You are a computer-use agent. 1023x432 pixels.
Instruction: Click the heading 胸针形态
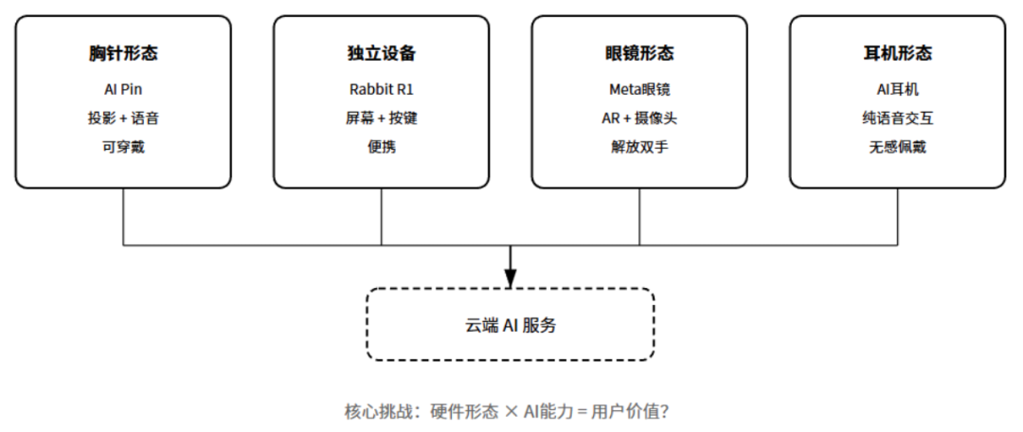(x=123, y=54)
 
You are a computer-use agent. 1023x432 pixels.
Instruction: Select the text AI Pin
(x=123, y=90)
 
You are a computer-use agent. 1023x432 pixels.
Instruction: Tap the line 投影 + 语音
(x=123, y=118)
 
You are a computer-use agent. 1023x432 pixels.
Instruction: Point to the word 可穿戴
(x=123, y=147)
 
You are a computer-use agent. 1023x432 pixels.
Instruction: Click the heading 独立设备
(x=381, y=54)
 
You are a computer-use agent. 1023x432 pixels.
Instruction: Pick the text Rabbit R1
(x=381, y=90)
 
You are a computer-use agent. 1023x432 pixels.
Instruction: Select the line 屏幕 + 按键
(x=381, y=118)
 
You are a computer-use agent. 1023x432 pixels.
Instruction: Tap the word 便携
(x=381, y=147)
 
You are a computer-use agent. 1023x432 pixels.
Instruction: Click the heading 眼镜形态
(x=639, y=54)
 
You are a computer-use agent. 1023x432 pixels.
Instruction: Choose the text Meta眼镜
(x=639, y=90)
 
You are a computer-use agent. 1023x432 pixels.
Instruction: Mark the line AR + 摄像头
(x=639, y=118)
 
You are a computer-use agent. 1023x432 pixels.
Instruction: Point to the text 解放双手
(x=639, y=147)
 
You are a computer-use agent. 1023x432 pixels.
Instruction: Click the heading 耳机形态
(x=897, y=54)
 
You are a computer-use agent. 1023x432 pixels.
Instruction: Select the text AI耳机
(x=897, y=90)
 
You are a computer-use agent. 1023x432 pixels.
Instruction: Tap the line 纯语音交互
(x=897, y=118)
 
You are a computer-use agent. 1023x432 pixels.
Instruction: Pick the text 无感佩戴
(x=897, y=147)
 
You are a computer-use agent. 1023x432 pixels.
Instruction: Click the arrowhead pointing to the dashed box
(x=511, y=279)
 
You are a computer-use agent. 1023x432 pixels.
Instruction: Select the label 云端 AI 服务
(x=511, y=325)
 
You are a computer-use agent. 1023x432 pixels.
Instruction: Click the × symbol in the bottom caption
(x=511, y=412)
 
